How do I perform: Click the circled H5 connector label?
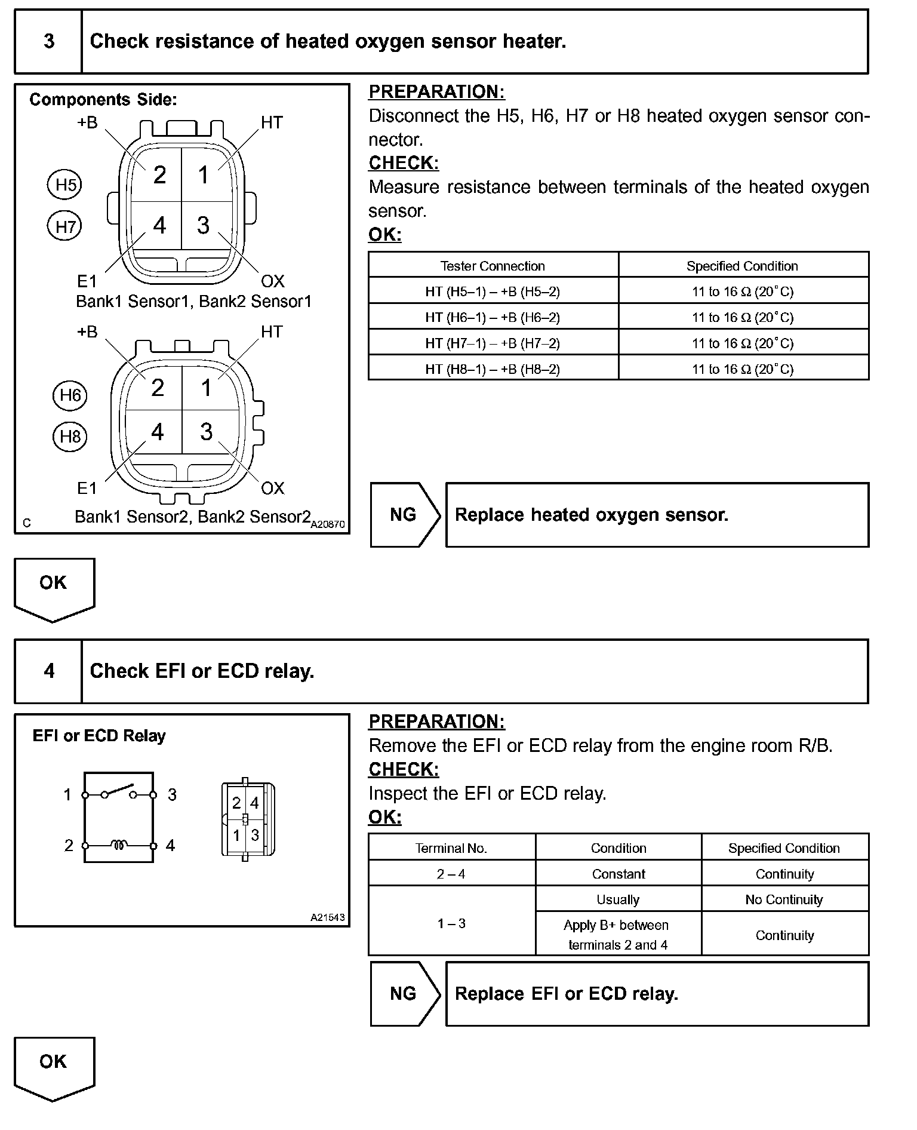click(64, 185)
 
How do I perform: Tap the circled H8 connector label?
click(70, 436)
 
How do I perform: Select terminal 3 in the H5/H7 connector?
click(204, 225)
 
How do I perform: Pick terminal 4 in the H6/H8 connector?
click(157, 432)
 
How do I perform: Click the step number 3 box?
click(49, 41)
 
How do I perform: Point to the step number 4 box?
click(49, 671)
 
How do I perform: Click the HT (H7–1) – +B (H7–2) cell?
click(493, 343)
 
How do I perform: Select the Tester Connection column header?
click(493, 266)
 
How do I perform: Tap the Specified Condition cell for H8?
click(743, 369)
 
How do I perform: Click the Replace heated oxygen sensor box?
click(657, 515)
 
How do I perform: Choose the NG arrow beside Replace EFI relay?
click(404, 994)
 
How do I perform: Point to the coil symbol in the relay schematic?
click(119, 845)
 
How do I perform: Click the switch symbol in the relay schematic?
click(119, 792)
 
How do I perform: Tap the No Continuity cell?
click(784, 899)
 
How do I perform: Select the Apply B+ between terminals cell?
click(617, 935)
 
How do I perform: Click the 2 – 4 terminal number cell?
click(451, 874)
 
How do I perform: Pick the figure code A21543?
click(327, 917)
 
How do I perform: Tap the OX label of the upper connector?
click(272, 281)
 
